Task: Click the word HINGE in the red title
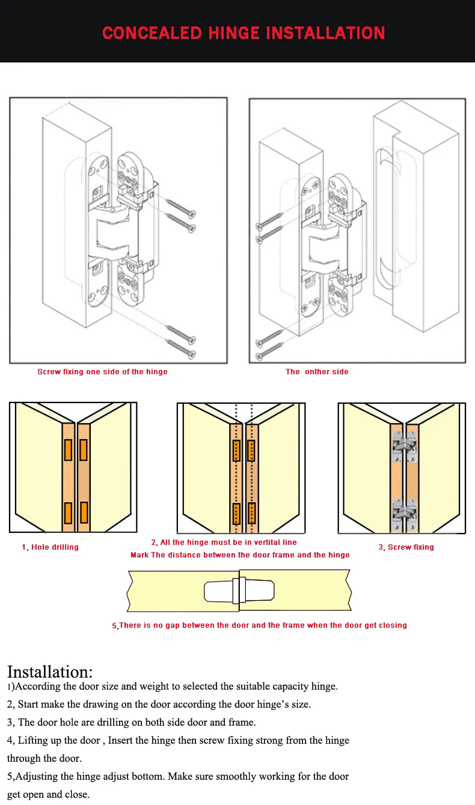click(234, 32)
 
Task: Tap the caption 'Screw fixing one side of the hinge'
click(102, 372)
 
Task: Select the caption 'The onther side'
click(317, 372)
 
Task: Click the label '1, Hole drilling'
click(50, 547)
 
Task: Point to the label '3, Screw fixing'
click(406, 547)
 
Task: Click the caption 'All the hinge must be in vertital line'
click(224, 542)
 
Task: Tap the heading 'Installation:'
click(50, 672)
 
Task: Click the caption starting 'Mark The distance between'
click(240, 555)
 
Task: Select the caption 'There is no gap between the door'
click(259, 625)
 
